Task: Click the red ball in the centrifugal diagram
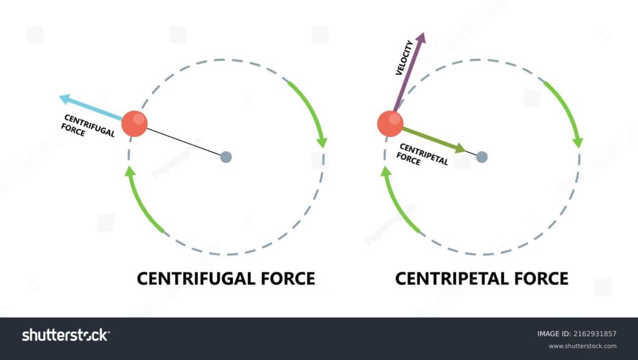click(135, 124)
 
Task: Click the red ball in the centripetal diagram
click(390, 124)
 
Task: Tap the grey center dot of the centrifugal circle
click(226, 157)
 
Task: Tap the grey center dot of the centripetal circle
click(482, 157)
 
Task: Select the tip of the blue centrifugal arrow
click(59, 97)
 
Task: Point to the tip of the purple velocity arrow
click(423, 33)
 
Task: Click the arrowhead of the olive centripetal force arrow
click(461, 148)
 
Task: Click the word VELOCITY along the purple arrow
click(404, 58)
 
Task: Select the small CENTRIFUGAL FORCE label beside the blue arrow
click(87, 126)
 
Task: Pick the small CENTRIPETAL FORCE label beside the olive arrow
click(422, 154)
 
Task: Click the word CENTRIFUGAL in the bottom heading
click(196, 278)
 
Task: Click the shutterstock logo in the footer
click(65, 335)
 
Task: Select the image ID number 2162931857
click(594, 334)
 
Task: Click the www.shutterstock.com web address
click(583, 346)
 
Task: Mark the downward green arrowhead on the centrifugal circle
click(322, 143)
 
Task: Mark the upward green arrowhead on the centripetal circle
click(386, 171)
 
